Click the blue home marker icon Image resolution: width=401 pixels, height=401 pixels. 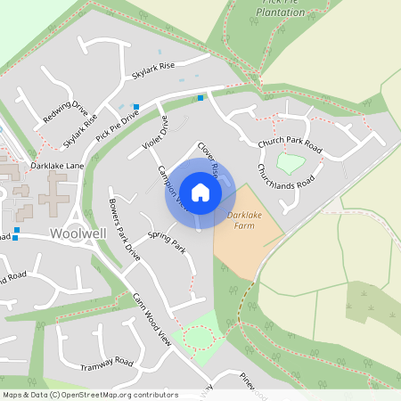(x=200, y=192)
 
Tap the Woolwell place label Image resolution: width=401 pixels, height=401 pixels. (x=78, y=233)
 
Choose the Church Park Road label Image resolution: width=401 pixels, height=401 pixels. (x=290, y=143)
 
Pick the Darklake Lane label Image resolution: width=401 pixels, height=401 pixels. (x=56, y=166)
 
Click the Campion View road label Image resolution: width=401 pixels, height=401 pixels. (x=170, y=186)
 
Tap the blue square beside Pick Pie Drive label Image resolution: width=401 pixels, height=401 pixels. (x=135, y=107)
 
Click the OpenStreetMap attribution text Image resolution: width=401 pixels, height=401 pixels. (x=89, y=395)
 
